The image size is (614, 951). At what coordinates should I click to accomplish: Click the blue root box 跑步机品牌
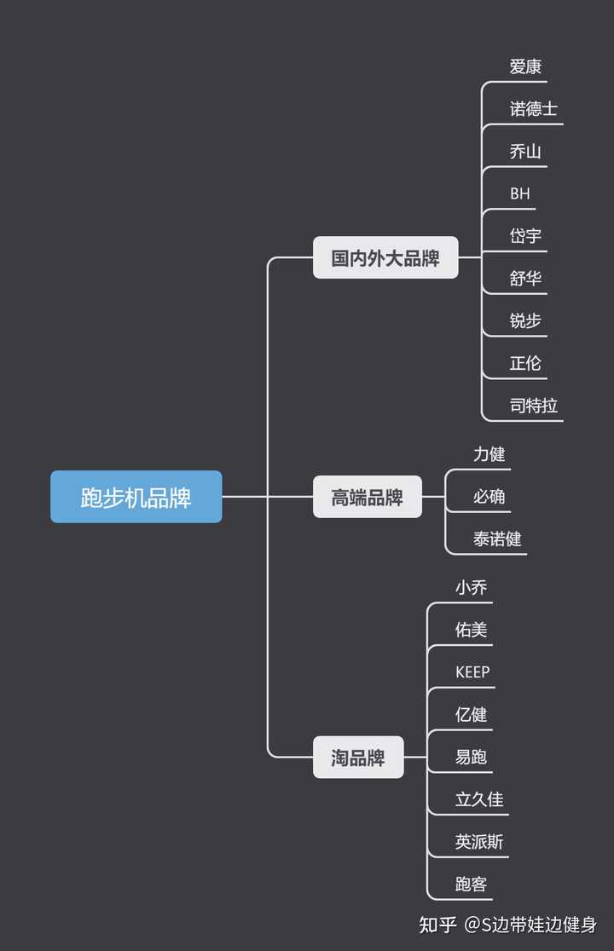[136, 497]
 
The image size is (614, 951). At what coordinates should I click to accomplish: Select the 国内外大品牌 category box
[385, 257]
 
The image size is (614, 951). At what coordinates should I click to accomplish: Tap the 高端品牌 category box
[368, 497]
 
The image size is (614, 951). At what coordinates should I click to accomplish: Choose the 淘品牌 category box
[358, 758]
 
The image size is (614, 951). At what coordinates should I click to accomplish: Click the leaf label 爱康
[525, 66]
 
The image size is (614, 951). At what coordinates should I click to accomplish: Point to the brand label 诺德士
[534, 109]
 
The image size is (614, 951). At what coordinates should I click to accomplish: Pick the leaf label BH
[520, 193]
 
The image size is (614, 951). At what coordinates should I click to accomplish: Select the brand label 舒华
[525, 278]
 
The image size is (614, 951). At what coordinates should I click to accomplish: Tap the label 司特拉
[534, 405]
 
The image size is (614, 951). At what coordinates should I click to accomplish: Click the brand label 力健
[489, 454]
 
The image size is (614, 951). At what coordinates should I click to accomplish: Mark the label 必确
[489, 496]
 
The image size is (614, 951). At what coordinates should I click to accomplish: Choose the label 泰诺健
[497, 539]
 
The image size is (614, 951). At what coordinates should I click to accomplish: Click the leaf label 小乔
[472, 587]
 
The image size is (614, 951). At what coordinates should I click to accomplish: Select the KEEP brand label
[472, 672]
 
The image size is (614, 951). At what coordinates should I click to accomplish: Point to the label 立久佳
[479, 799]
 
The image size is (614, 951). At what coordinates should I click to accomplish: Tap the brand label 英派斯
[479, 842]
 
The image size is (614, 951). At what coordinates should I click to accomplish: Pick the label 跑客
[472, 885]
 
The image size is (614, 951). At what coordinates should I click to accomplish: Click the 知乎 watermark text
[438, 925]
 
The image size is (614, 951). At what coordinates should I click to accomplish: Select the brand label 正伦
[525, 363]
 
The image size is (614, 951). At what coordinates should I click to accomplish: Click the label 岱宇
[525, 236]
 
